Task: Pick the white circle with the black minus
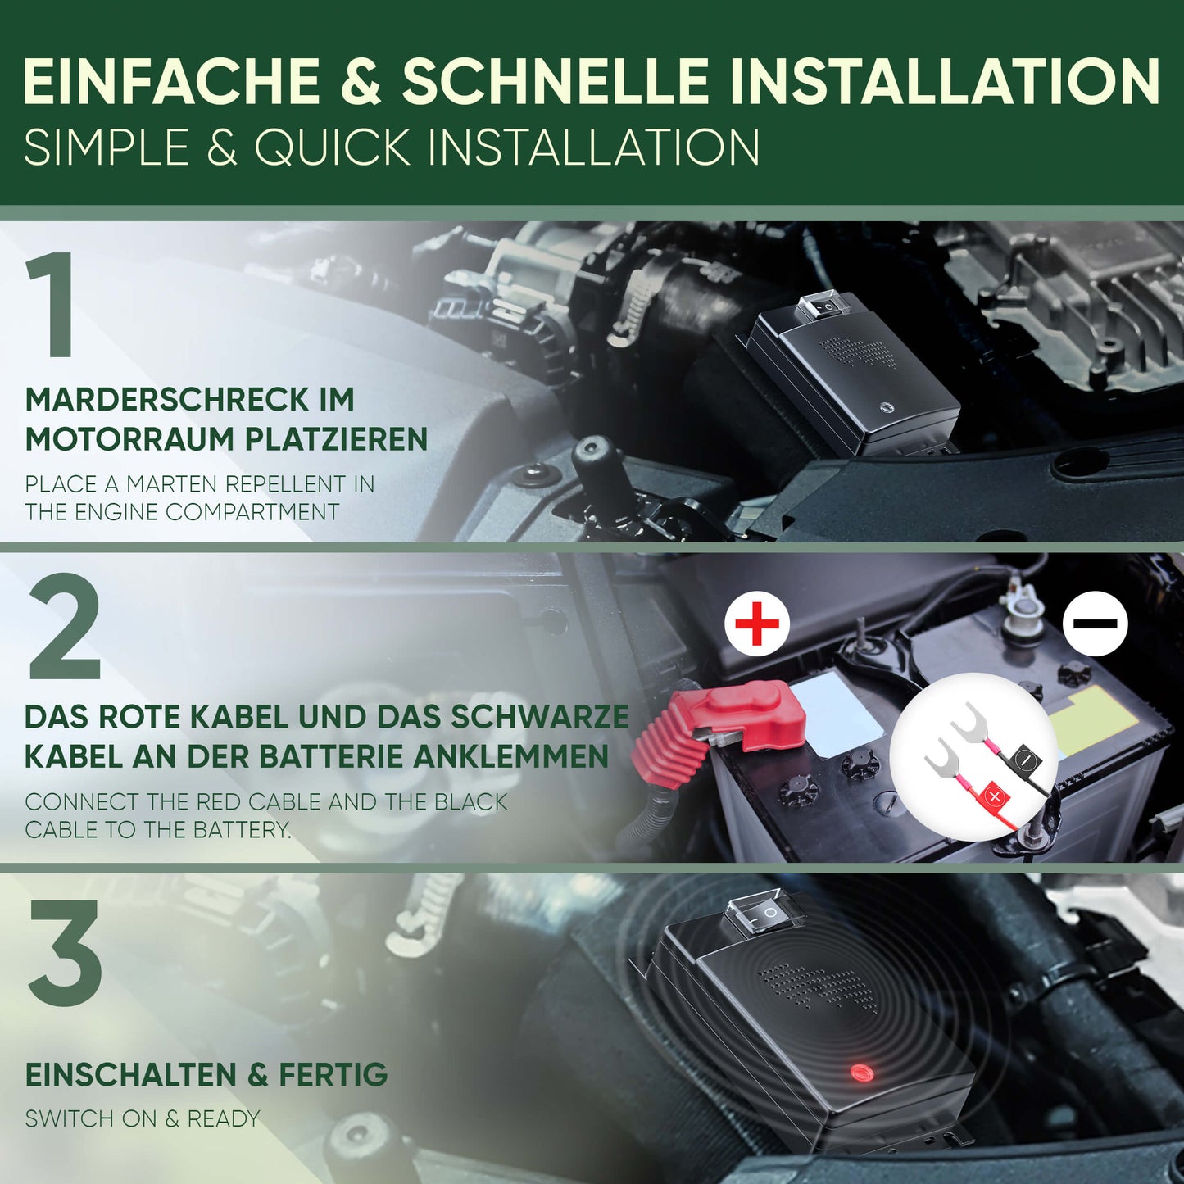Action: pos(1095,624)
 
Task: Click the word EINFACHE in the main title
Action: pos(171,80)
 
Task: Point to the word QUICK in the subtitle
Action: pos(332,147)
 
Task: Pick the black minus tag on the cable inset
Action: pos(1026,760)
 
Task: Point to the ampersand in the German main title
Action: pos(360,80)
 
